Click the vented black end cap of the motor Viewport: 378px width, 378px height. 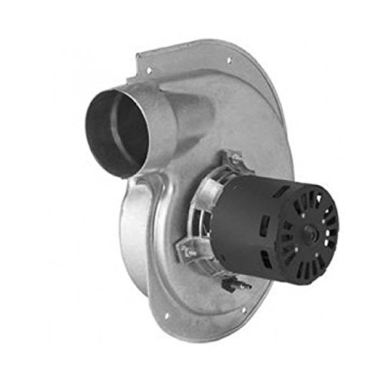302,227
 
